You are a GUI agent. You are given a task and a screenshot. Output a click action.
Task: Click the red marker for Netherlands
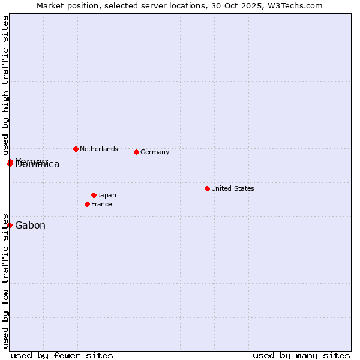pos(76,149)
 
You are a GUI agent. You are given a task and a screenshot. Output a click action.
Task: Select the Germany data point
pos(137,152)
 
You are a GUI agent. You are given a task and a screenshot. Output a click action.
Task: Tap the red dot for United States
pos(207,188)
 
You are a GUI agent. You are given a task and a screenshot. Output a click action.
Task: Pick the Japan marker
pos(94,195)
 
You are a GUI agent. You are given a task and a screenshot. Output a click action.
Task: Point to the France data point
pos(88,204)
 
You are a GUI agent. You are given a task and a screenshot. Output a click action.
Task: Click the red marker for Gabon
pos(10,225)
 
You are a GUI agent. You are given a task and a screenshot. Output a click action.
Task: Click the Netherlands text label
pos(99,149)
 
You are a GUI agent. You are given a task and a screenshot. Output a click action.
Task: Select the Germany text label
pos(155,152)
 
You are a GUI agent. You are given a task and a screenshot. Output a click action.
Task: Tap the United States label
pos(233,188)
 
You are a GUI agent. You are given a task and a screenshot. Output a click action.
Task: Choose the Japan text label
pos(107,195)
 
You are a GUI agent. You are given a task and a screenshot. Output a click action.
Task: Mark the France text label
pos(101,204)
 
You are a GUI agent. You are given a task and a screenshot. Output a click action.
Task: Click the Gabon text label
pos(30,226)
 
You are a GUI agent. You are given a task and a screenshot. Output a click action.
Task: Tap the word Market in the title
pos(51,5)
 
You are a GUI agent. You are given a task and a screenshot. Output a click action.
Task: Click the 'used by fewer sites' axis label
pos(62,355)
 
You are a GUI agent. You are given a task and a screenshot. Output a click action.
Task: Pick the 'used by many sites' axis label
pos(301,355)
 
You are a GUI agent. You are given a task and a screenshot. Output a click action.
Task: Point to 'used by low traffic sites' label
pos(5,280)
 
